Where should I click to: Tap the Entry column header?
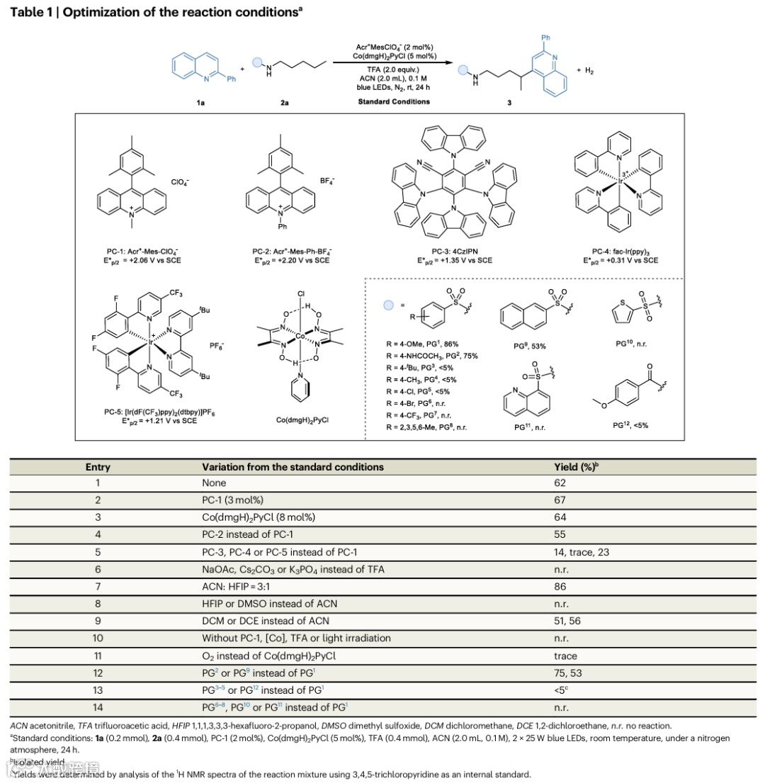tap(98, 467)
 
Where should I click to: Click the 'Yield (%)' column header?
tap(581, 467)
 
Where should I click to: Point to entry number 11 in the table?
tap(98, 656)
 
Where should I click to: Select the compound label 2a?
tap(284, 103)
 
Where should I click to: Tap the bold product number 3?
tap(507, 103)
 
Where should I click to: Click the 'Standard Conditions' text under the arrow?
tap(393, 101)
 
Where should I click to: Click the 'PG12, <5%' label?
tap(630, 425)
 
